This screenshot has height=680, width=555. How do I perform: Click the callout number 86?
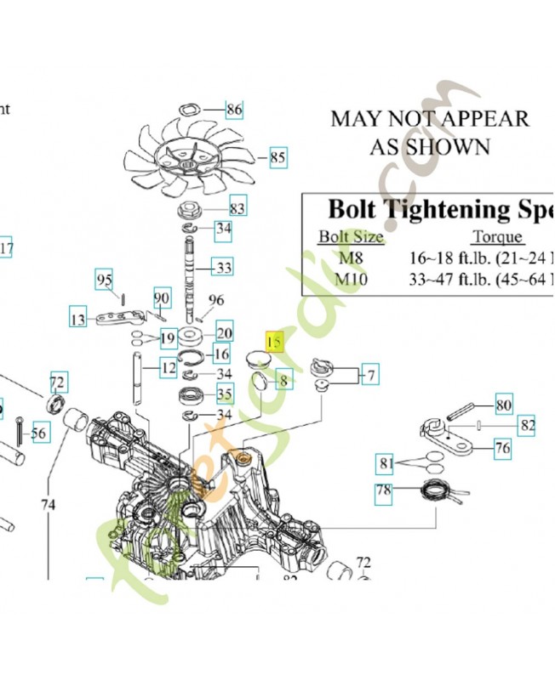click(x=234, y=109)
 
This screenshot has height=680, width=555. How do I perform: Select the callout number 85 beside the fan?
click(x=277, y=157)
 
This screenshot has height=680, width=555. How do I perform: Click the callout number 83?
click(x=237, y=207)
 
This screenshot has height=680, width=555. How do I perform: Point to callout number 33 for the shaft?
click(x=223, y=268)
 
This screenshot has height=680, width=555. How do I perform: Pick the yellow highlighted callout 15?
click(x=274, y=342)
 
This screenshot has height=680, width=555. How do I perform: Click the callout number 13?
click(x=78, y=320)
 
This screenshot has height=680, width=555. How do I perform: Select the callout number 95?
click(x=104, y=280)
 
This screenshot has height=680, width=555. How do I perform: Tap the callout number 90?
click(x=162, y=297)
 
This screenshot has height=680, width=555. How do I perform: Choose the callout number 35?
click(x=224, y=394)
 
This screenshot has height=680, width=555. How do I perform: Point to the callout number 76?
click(x=503, y=447)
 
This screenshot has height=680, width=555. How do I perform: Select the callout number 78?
click(x=384, y=490)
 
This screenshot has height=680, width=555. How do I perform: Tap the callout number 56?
click(x=39, y=433)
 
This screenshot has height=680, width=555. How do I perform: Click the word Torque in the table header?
click(x=497, y=237)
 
